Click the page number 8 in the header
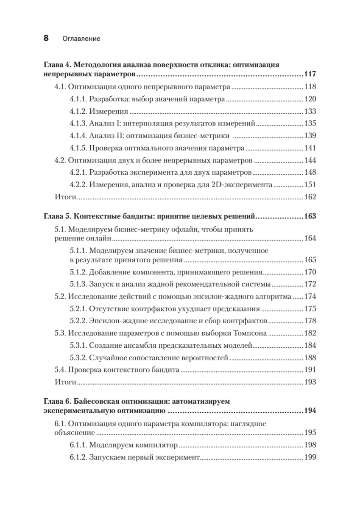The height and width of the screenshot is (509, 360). tap(46, 38)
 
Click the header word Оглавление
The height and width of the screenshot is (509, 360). tap(81, 39)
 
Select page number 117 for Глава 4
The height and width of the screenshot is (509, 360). tap(310, 75)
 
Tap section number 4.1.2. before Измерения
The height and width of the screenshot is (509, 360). tap(78, 112)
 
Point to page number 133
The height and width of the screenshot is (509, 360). tap(311, 112)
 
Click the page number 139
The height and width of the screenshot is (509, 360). tap(311, 136)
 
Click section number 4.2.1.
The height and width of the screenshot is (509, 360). tap(78, 173)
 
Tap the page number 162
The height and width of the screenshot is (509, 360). tap(311, 197)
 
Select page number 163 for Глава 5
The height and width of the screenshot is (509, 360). tap(310, 217)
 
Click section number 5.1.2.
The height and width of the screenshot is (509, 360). tap(78, 272)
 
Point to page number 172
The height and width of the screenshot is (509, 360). tap(311, 284)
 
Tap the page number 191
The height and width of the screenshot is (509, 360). tap(311, 369)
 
